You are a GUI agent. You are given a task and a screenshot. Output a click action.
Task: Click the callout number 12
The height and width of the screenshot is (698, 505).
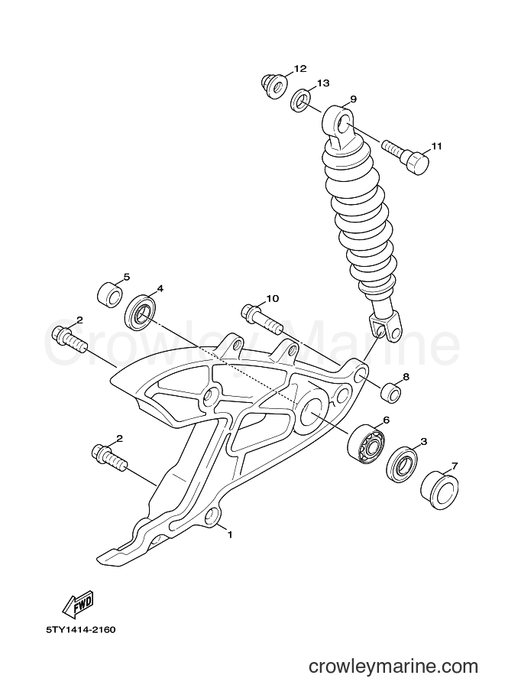(300, 69)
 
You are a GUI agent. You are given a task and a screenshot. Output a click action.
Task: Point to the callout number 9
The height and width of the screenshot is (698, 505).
(354, 99)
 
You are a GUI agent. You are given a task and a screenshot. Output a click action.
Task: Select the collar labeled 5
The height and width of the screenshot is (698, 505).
(110, 294)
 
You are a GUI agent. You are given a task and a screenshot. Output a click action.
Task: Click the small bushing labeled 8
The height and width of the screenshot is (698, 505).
(390, 392)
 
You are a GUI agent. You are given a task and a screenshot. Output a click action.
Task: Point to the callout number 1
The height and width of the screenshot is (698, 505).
(230, 534)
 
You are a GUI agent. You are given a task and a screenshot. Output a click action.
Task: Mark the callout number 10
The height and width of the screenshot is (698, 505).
(273, 298)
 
